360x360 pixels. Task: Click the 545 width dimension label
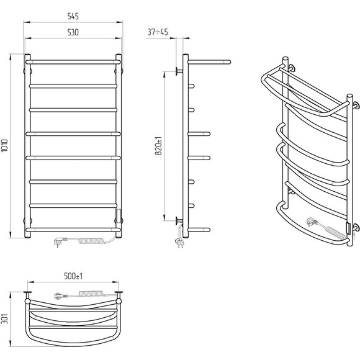(73, 16)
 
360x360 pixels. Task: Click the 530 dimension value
(73, 32)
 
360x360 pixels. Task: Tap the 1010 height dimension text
(5, 145)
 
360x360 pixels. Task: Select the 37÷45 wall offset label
(158, 32)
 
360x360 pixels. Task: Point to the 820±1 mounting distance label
(158, 146)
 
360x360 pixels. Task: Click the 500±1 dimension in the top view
(73, 276)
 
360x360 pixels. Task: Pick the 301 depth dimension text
(4, 318)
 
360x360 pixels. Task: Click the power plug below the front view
(60, 241)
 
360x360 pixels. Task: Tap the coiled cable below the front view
(91, 241)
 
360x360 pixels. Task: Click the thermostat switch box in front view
(119, 216)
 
